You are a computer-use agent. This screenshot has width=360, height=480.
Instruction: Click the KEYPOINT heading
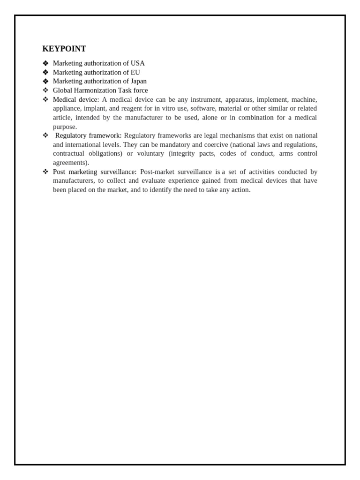click(x=64, y=49)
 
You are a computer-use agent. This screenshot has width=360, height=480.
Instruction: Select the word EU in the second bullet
click(x=135, y=72)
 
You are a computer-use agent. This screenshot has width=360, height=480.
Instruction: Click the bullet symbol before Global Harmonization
click(x=45, y=90)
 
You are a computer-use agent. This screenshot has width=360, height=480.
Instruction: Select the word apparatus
click(x=239, y=99)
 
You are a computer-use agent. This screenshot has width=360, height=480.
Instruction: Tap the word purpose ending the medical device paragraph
click(x=65, y=127)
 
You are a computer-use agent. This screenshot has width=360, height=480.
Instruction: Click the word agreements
click(x=70, y=163)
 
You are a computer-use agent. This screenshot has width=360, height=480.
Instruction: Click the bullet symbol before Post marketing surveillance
click(x=45, y=172)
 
